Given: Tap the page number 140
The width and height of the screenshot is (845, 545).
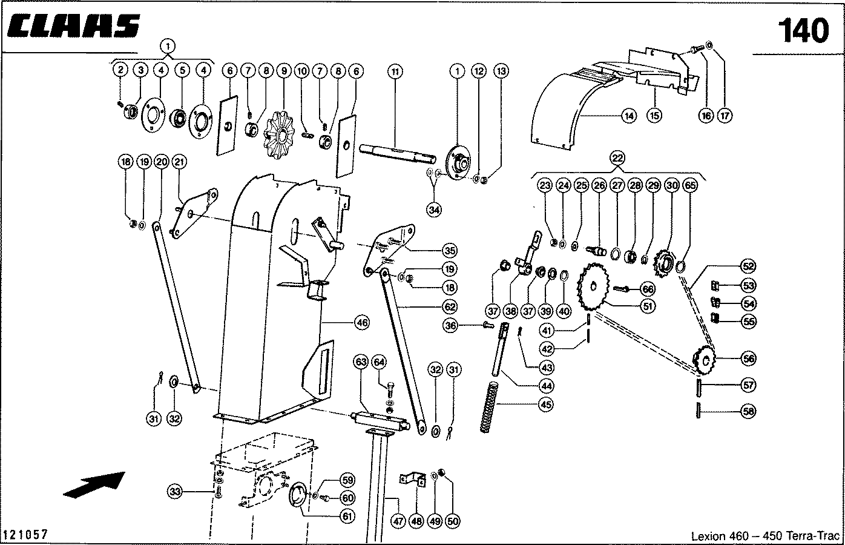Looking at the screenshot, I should pos(802,31).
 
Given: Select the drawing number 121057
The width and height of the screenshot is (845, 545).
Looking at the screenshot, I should pos(25,535).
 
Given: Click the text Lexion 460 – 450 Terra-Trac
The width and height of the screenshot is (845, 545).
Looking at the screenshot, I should pos(765,536).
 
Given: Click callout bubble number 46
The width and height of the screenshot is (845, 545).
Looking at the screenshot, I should pos(361,323).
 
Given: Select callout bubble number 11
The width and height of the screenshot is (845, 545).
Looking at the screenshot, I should pos(395,71).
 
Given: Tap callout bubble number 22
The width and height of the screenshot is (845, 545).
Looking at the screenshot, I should pos(617,158).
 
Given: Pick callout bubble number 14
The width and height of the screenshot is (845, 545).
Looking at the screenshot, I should pos(630,115).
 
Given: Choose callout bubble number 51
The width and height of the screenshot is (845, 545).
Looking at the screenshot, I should pos(648,307).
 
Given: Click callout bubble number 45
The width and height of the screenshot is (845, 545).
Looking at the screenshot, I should pos(546,405).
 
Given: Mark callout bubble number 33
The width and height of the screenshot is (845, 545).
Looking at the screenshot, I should pos(175,492).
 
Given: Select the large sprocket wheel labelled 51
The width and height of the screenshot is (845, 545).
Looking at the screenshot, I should pos(596,289).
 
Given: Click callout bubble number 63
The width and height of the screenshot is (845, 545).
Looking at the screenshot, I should pos(361,363).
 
